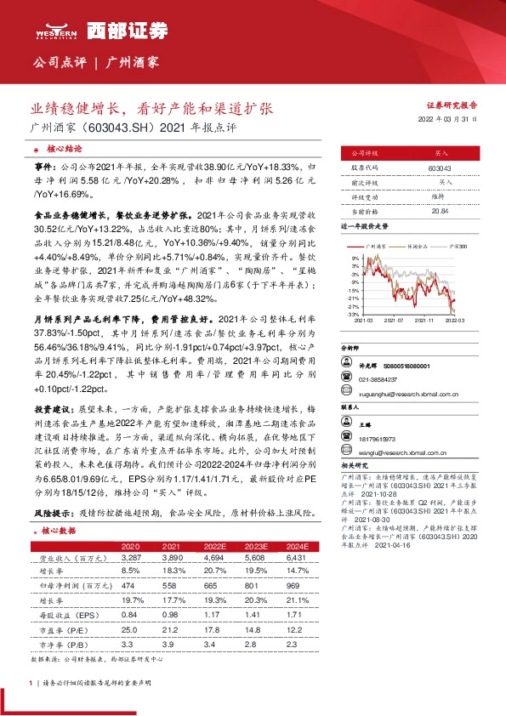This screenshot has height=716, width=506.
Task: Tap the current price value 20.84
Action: (x=440, y=210)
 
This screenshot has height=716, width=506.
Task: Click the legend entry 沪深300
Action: (x=458, y=245)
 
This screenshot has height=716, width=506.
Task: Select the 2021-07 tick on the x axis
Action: (x=395, y=321)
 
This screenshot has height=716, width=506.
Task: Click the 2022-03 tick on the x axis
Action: (x=456, y=321)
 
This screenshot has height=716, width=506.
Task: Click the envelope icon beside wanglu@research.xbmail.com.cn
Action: (x=344, y=451)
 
